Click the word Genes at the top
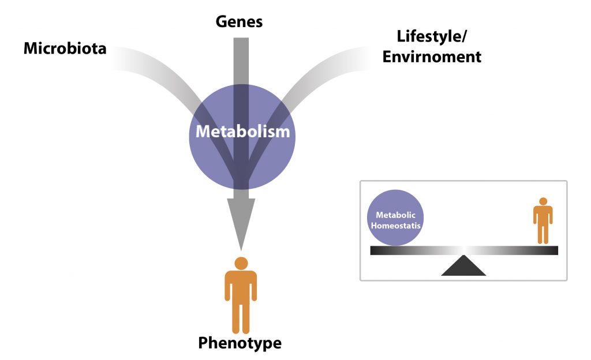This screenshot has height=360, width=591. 239,22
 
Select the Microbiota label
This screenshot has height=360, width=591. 65,48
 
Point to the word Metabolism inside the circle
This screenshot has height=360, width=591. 242,132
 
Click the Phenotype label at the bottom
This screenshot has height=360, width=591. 240,343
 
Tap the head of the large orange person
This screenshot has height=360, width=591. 241,263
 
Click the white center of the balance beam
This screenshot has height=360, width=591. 463,250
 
